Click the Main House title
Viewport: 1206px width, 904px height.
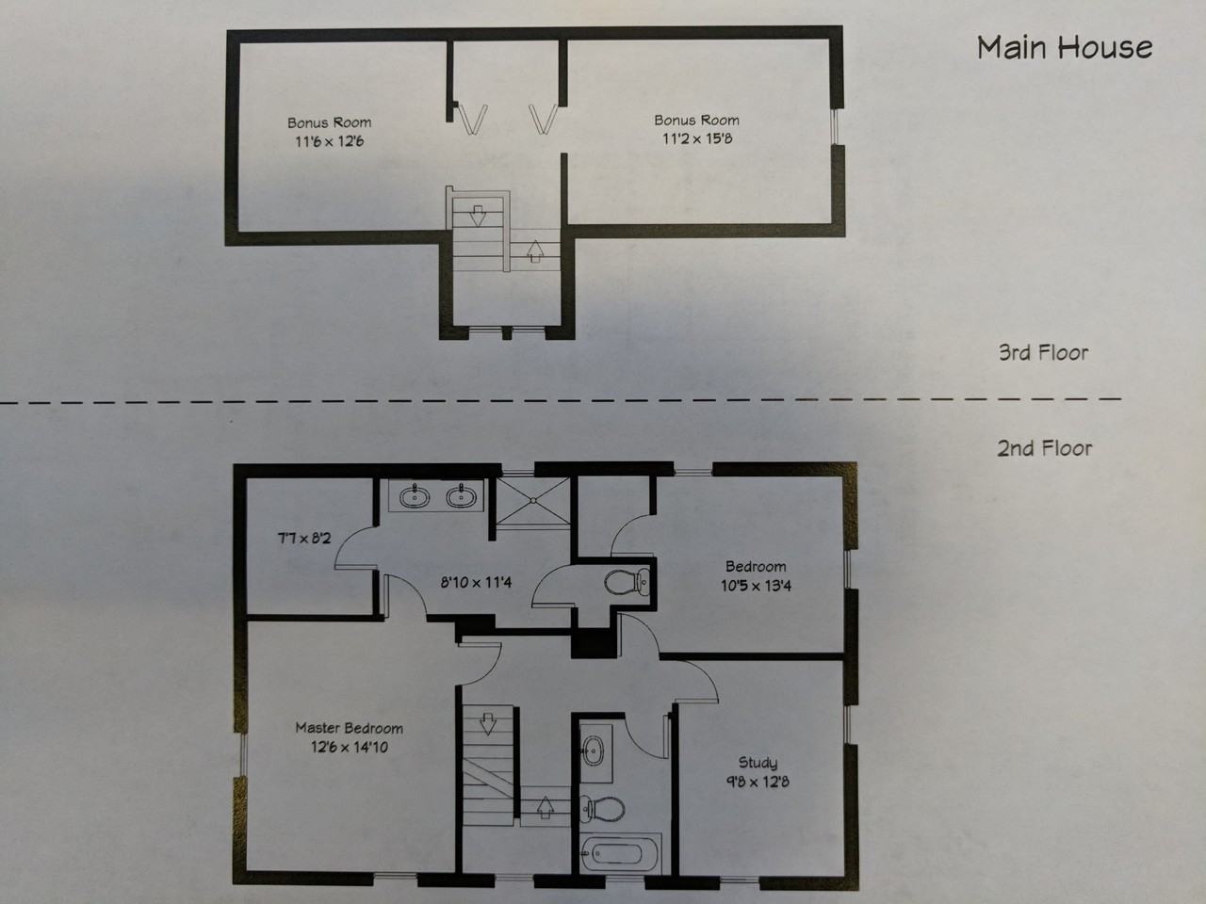(x=1064, y=47)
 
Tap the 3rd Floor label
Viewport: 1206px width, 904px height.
(x=1043, y=353)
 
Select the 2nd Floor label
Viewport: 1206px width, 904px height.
(x=1044, y=448)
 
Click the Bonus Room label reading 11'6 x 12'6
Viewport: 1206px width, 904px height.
(x=329, y=132)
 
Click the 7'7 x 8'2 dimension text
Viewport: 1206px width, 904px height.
(x=302, y=539)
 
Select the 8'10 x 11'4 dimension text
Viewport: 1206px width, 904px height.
(x=476, y=582)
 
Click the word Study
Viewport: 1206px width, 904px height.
(x=758, y=763)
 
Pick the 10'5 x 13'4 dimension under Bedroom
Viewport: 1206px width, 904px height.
(x=756, y=586)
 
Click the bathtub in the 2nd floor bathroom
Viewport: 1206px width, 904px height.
(x=612, y=856)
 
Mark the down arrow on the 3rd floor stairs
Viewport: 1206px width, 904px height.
(x=477, y=216)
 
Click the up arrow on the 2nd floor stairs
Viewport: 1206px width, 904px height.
(x=545, y=806)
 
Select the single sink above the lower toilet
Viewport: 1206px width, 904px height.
(x=594, y=751)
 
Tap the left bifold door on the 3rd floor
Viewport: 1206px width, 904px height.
(x=474, y=119)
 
